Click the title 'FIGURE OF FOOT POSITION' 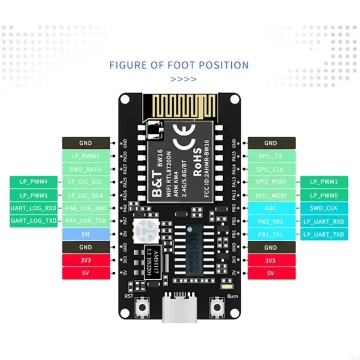pyautogui.click(x=179, y=65)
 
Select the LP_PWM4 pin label pyautogui.click(x=33, y=182)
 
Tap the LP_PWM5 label pyautogui.click(x=33, y=195)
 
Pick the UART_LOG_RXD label pyautogui.click(x=33, y=208)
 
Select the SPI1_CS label pyautogui.click(x=271, y=156)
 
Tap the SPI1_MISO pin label pyautogui.click(x=271, y=182)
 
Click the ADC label pyautogui.click(x=271, y=208)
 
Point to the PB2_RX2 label pyautogui.click(x=271, y=221)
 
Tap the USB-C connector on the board pyautogui.click(x=180, y=310)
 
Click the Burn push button pyautogui.click(x=218, y=308)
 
